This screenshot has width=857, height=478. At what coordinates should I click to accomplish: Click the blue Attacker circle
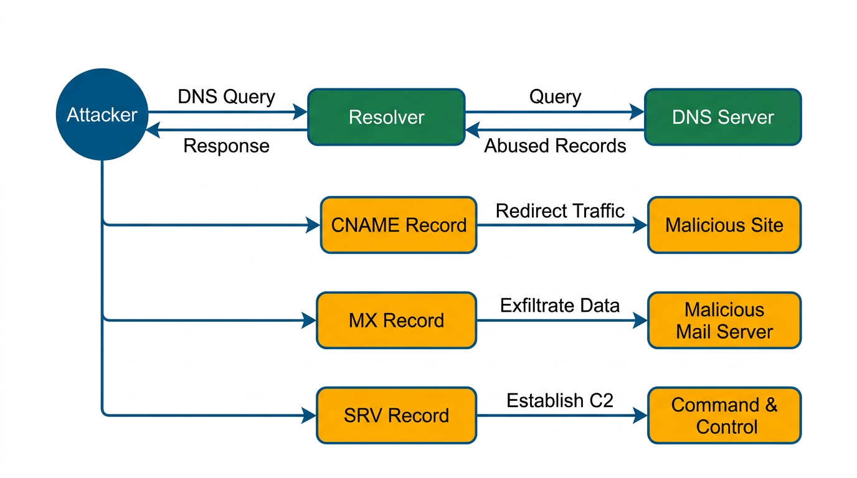tap(102, 115)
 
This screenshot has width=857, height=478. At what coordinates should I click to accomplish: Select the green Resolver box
tap(386, 117)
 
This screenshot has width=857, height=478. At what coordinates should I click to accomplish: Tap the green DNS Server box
tap(722, 117)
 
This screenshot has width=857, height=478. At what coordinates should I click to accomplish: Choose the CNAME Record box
tap(399, 225)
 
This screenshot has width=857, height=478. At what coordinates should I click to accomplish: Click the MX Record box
tap(396, 321)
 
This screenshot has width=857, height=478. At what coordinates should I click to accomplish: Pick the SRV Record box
tap(396, 415)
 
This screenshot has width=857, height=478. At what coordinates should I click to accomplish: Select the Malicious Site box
tap(724, 225)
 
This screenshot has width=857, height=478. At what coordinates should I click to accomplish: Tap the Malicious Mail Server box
tap(724, 321)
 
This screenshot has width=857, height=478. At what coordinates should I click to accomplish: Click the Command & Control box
tap(724, 415)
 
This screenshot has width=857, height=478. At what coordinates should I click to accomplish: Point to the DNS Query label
tap(226, 97)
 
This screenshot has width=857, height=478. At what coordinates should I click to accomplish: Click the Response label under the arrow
tap(226, 146)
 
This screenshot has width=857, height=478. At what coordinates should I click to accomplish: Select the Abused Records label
tap(555, 146)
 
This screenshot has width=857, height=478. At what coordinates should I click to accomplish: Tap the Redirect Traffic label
tap(560, 211)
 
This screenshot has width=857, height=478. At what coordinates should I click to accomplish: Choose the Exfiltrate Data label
tap(560, 306)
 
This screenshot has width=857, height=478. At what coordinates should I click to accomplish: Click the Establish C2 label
tap(560, 400)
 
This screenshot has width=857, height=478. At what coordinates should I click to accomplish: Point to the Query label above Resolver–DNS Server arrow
tap(555, 97)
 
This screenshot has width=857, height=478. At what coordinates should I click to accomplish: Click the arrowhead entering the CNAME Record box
tap(313, 225)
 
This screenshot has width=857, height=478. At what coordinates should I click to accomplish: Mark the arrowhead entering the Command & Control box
tap(640, 415)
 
